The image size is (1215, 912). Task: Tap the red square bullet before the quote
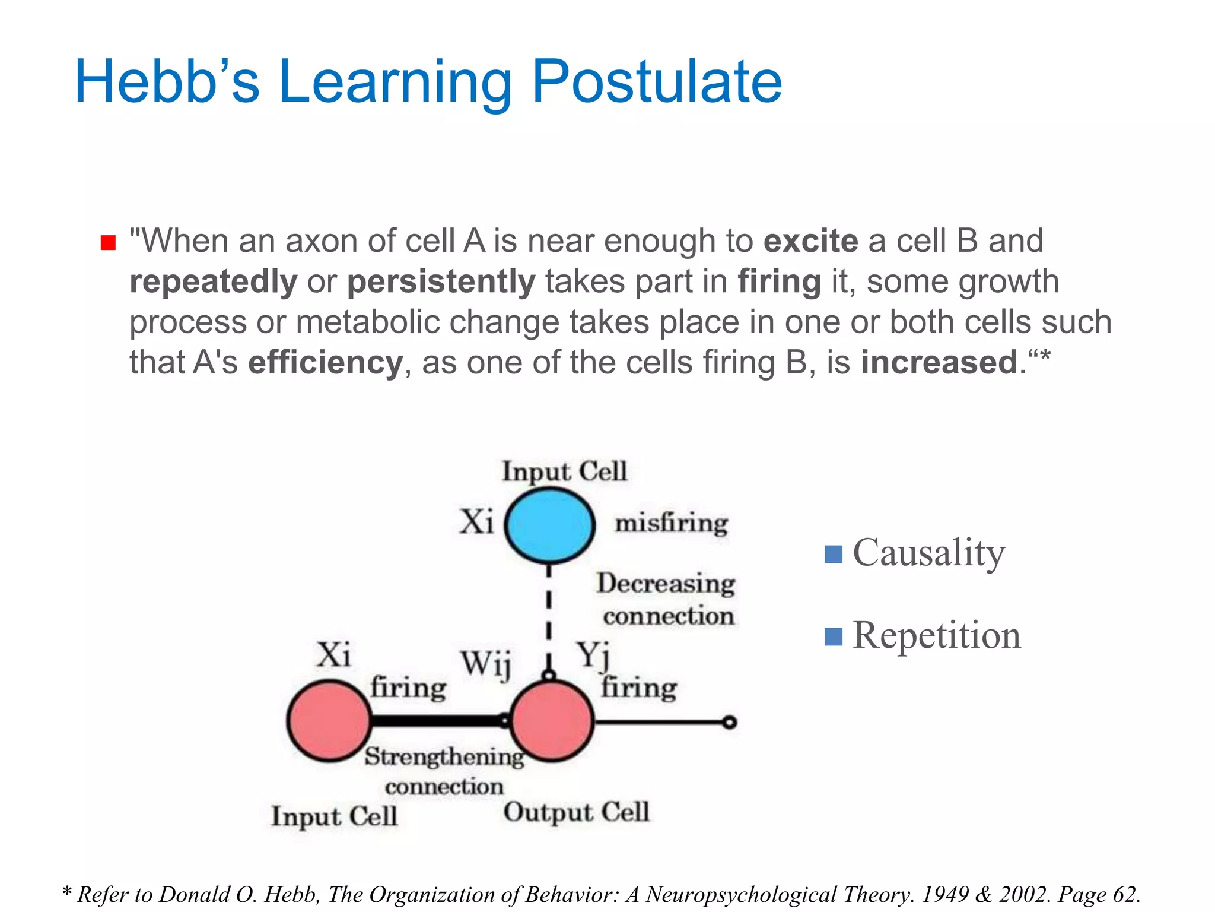coord(108,243)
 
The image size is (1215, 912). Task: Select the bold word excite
coord(810,241)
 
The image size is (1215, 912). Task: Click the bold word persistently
coord(441,281)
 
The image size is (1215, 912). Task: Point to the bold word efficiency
coord(325,362)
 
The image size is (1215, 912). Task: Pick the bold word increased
coord(940,362)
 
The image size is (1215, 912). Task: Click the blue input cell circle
coord(549,525)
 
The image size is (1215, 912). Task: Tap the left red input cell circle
coord(329,721)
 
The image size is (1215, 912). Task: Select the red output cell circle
coord(552,721)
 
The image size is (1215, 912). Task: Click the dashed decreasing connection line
coord(549,617)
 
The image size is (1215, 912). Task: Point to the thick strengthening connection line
coord(436,721)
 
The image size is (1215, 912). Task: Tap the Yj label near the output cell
coord(593,656)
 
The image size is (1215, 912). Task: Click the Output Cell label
coord(576,812)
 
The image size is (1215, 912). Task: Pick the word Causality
coord(928,553)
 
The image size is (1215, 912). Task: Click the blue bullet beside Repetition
coord(834,636)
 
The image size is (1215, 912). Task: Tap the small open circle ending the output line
coord(730,722)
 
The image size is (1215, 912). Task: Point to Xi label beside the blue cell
coord(476,522)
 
